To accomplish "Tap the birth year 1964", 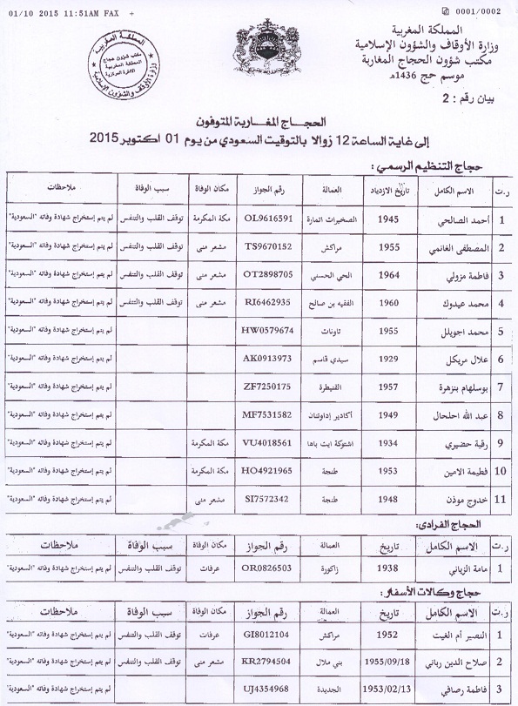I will [x=389, y=274].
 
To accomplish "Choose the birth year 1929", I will [x=389, y=358].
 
